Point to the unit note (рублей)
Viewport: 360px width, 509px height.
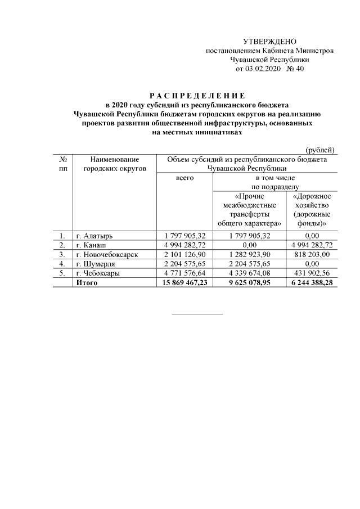coord(321,150)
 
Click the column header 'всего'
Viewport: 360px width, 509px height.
coord(184,177)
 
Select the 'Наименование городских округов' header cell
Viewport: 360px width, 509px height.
coord(114,164)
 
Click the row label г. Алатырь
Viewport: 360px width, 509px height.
coord(97,236)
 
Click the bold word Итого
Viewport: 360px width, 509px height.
coord(87,282)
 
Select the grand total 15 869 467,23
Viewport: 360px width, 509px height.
coord(184,282)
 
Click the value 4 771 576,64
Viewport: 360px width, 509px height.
coord(184,273)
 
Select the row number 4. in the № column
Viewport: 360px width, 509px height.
coord(62,263)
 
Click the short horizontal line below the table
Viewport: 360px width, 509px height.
coord(197,313)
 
